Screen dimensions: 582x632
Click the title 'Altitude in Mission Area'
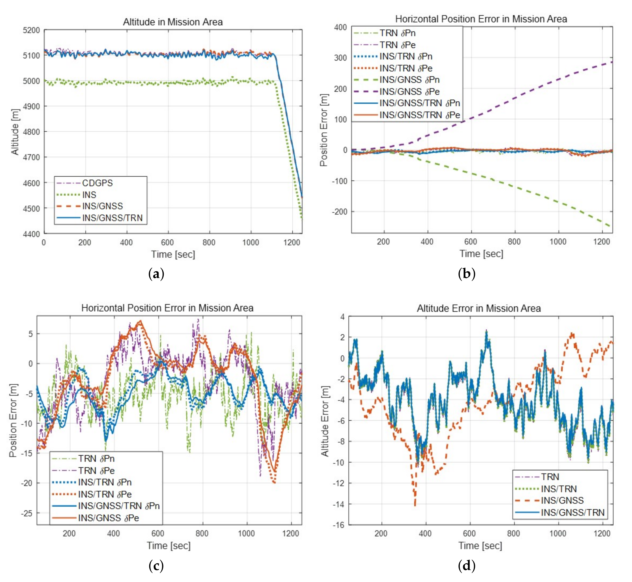tap(173, 22)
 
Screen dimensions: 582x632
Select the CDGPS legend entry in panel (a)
tap(97, 183)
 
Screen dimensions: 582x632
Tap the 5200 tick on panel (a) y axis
tap(31, 30)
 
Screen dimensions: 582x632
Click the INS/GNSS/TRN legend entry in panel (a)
tap(112, 218)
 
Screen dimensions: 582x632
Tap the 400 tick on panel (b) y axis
tap(341, 27)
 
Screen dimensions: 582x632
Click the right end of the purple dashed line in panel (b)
tap(612, 62)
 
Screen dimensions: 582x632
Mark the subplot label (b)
tap(467, 273)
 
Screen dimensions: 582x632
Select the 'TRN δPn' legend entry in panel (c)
tap(96, 459)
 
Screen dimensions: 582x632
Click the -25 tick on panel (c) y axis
tap(27, 513)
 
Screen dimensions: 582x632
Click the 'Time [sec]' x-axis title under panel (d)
tap(480, 546)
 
